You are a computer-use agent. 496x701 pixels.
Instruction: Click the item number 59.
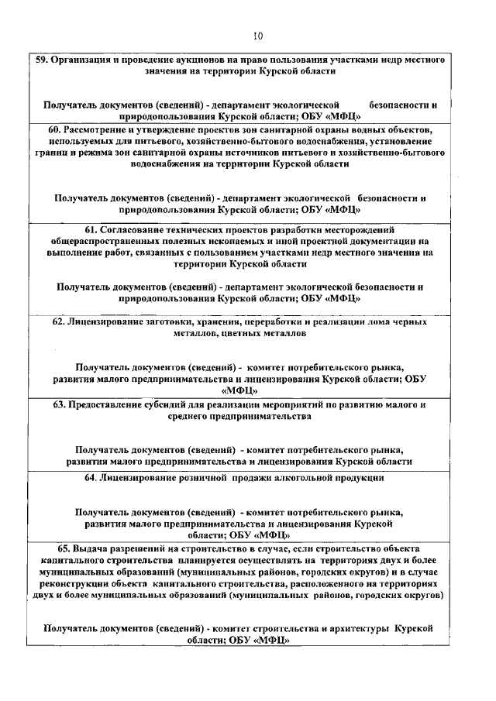pos(43,60)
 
